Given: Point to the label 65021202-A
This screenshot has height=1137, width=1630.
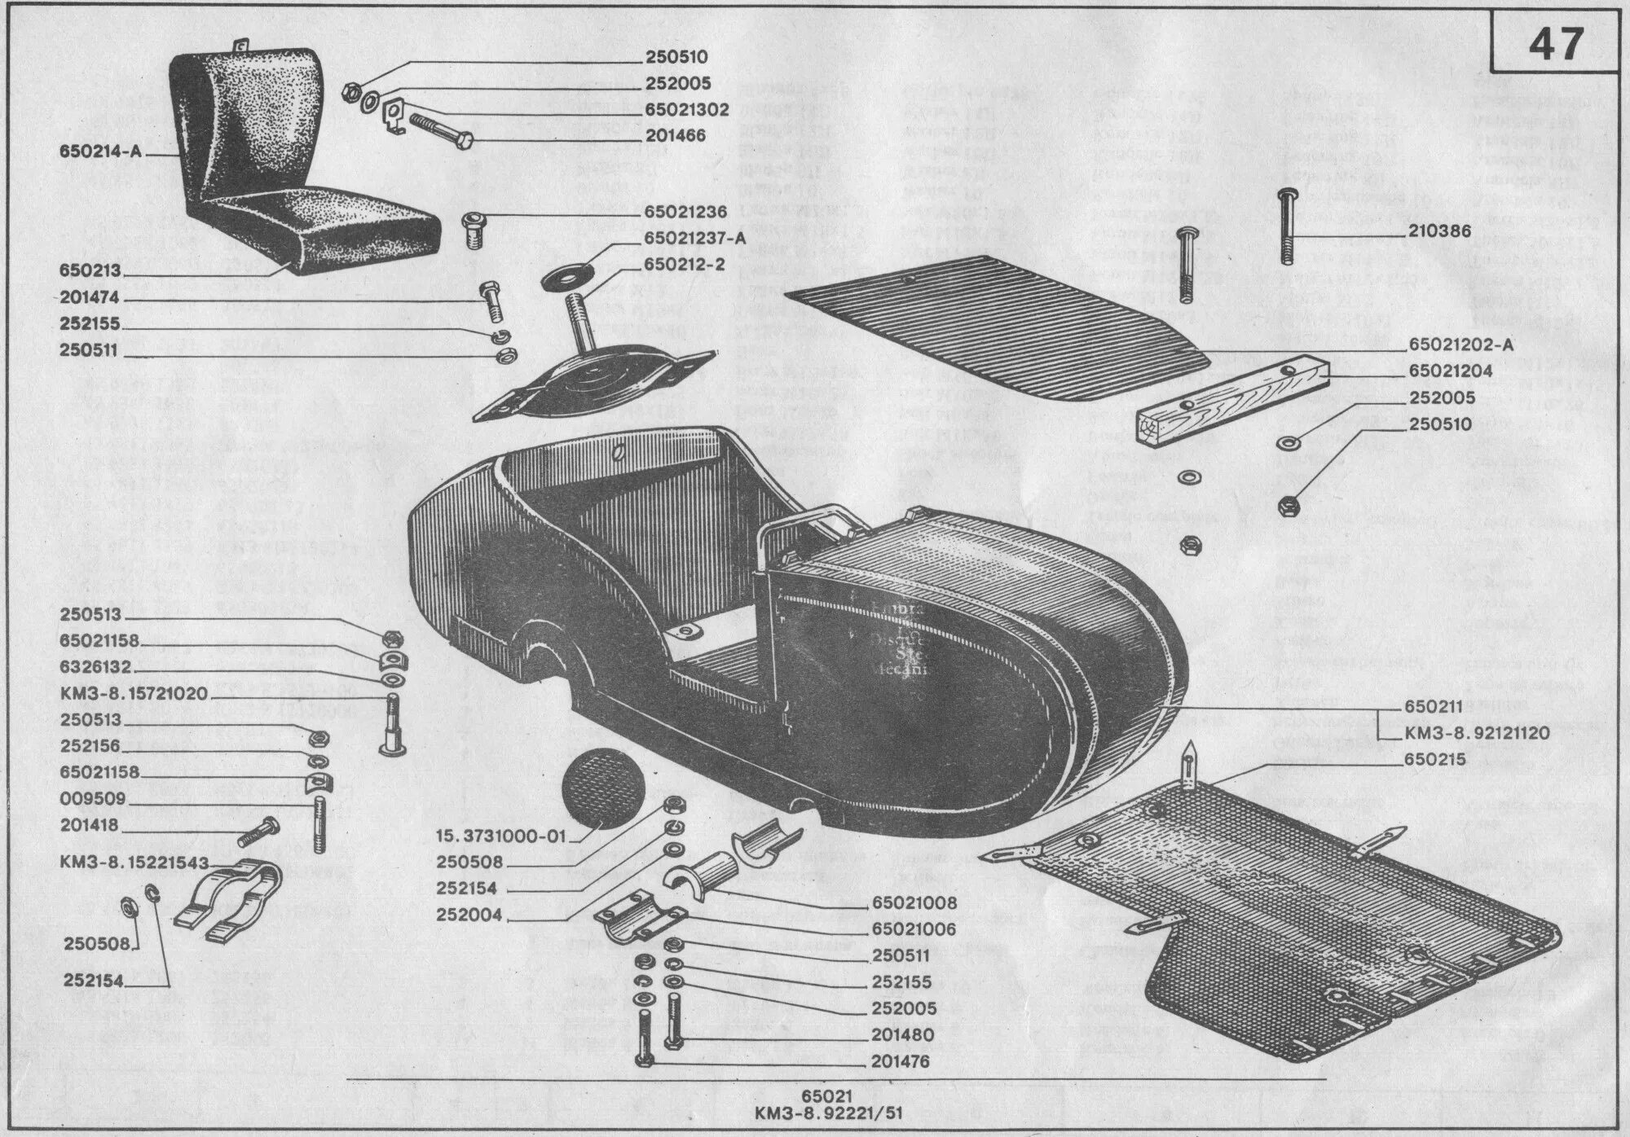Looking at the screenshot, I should [1460, 345].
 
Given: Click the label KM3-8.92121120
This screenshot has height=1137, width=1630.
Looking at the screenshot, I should [1477, 733].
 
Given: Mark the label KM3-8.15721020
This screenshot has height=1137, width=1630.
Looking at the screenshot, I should [134, 694].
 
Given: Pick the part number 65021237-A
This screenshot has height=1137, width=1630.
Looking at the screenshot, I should [694, 238].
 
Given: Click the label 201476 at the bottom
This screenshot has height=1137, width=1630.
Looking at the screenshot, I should [900, 1061].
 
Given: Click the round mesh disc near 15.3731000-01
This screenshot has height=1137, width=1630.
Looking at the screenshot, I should [604, 788].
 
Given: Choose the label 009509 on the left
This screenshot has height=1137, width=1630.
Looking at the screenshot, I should [89, 799].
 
